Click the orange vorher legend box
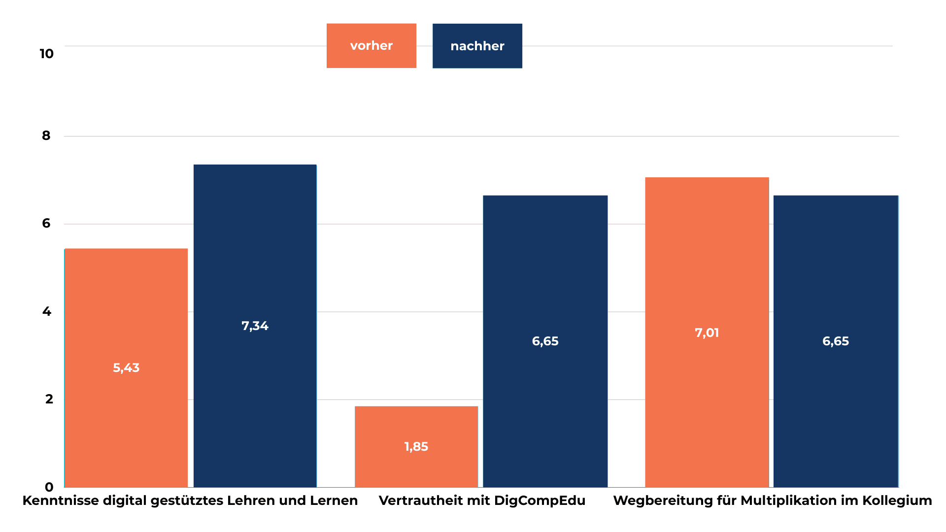[x=371, y=46]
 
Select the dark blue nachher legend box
[x=477, y=46]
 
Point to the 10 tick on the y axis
[x=46, y=54]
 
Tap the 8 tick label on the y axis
[x=46, y=135]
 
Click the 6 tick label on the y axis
[x=46, y=223]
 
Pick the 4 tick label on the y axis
[x=46, y=311]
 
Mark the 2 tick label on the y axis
[x=49, y=399]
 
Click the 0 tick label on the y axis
[x=49, y=487]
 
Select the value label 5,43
[x=126, y=368]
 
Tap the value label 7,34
[x=255, y=326]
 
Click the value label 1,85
[x=416, y=447]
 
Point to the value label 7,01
[x=707, y=333]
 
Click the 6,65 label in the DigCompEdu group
[x=545, y=341]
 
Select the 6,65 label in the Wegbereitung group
[x=835, y=341]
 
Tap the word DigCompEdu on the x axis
[x=540, y=500]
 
